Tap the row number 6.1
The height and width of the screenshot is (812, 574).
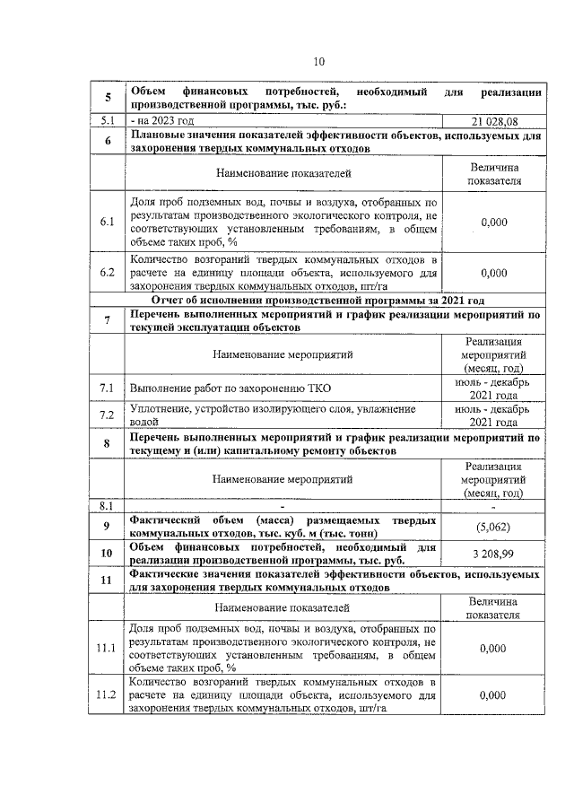107,222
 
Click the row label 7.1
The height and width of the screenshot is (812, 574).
107,388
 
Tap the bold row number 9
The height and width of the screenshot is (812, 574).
107,526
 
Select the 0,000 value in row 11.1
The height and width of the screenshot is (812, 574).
493,647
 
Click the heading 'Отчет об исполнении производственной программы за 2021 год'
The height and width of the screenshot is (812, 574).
318,300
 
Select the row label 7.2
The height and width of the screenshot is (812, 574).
107,414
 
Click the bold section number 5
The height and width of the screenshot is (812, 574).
107,97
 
